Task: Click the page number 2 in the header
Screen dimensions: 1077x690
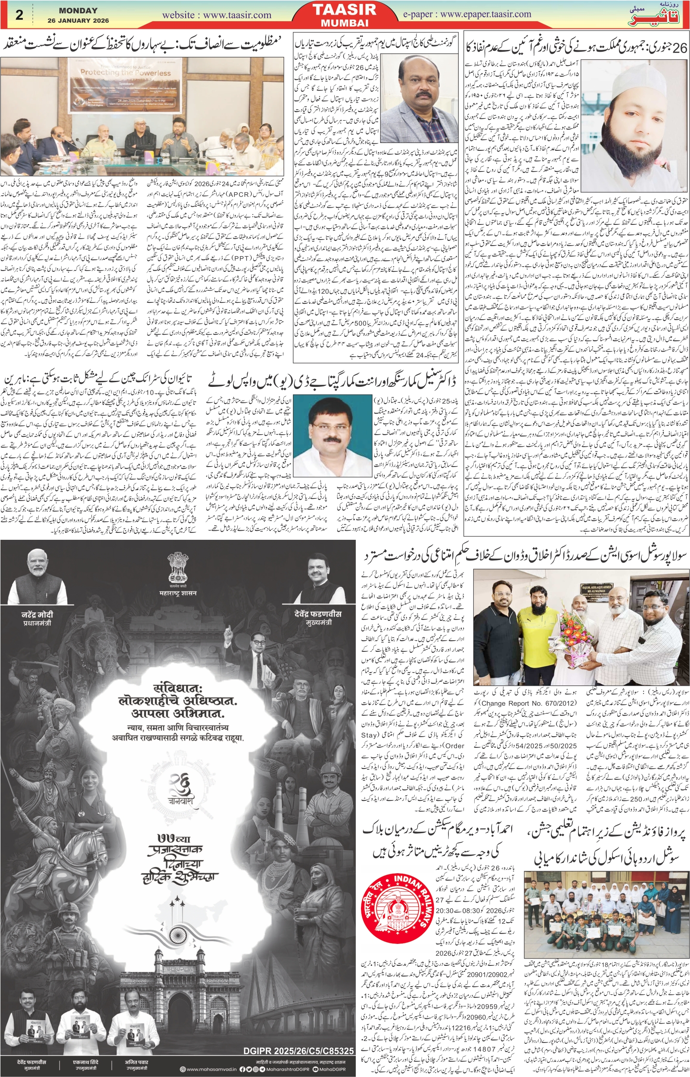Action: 19,15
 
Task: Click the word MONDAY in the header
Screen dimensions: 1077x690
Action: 78,10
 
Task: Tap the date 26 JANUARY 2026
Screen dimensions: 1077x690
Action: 78,21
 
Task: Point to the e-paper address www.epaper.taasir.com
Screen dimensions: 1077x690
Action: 485,14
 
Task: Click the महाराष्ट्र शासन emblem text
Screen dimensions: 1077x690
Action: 178,593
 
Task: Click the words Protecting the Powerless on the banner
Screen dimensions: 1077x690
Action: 125,72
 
